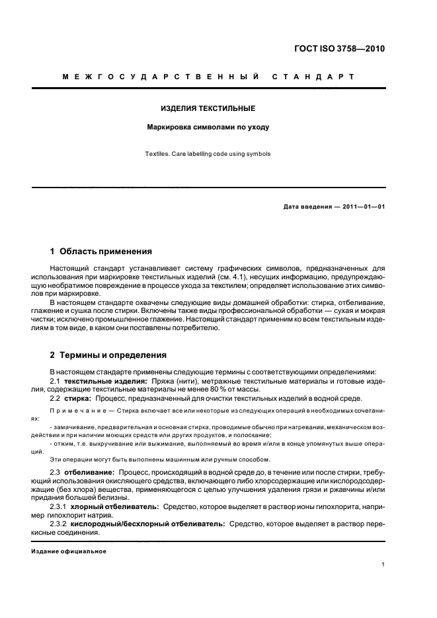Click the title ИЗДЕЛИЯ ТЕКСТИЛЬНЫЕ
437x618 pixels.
pyautogui.click(x=208, y=108)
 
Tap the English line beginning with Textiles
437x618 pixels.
pyautogui.click(x=208, y=154)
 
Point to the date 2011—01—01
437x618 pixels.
pyautogui.click(x=362, y=207)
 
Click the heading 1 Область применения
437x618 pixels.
pyautogui.click(x=101, y=252)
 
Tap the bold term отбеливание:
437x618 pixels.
pyautogui.click(x=90, y=473)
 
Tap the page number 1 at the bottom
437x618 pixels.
pyautogui.click(x=383, y=565)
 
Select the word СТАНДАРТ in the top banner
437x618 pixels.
pyautogui.click(x=313, y=77)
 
